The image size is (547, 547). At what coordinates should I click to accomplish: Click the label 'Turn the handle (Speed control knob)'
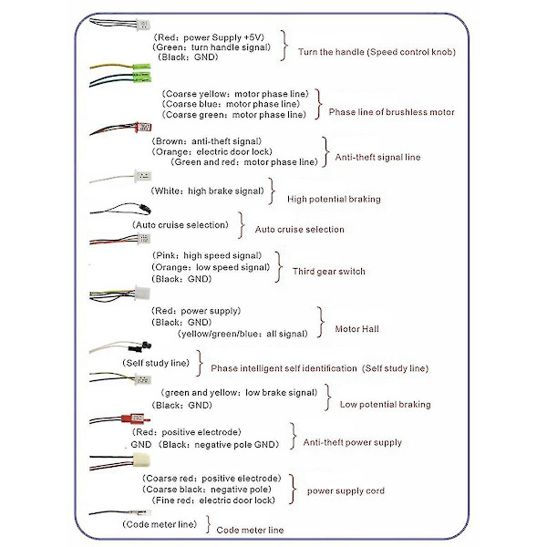click(x=377, y=52)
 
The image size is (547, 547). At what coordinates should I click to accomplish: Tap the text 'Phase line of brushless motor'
click(x=391, y=112)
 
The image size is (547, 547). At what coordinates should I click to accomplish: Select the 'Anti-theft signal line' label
click(x=378, y=157)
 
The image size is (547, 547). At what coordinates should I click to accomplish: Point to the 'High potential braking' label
click(x=334, y=198)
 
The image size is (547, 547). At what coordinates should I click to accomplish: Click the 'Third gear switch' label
click(x=328, y=271)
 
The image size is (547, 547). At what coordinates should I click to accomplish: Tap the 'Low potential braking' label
click(x=385, y=404)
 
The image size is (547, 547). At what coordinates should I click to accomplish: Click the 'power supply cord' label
click(x=346, y=490)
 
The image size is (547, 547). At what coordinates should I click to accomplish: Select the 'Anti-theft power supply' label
click(x=352, y=443)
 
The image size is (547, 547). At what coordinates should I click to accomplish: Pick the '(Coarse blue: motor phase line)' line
click(x=233, y=104)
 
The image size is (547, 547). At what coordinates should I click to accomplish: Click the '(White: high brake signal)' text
click(x=210, y=191)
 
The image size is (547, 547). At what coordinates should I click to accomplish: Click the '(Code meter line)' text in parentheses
click(x=159, y=524)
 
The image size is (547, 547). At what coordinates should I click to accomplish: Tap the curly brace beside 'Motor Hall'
click(x=322, y=322)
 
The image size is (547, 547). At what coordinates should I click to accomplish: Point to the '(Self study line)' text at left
click(x=155, y=362)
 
